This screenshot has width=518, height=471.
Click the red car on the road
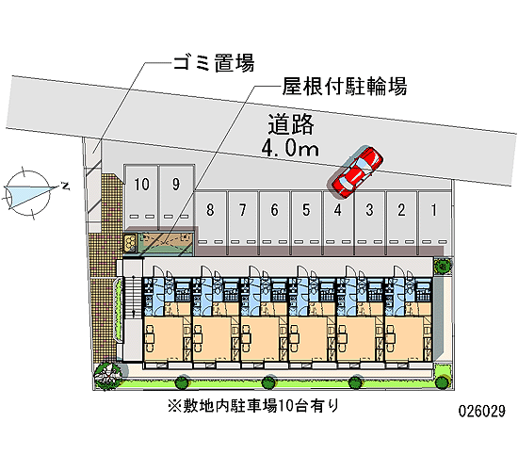[358, 172]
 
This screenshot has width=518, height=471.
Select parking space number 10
[141, 197]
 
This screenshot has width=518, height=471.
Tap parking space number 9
[176, 197]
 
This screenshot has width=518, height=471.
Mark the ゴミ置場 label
[214, 63]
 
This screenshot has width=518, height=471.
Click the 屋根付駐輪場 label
[344, 87]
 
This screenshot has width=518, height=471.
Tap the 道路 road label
[291, 124]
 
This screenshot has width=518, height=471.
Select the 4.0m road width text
[290, 149]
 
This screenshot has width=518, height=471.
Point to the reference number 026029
[482, 411]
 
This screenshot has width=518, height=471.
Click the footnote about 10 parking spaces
[253, 406]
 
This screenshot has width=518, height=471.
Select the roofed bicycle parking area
[166, 241]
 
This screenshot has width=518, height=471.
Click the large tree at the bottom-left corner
[107, 376]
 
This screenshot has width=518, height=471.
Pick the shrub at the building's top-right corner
[442, 265]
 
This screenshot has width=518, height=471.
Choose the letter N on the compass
[65, 186]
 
